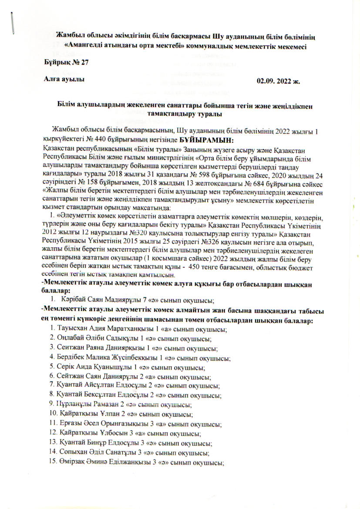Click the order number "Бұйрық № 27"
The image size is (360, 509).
click(67, 62)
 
